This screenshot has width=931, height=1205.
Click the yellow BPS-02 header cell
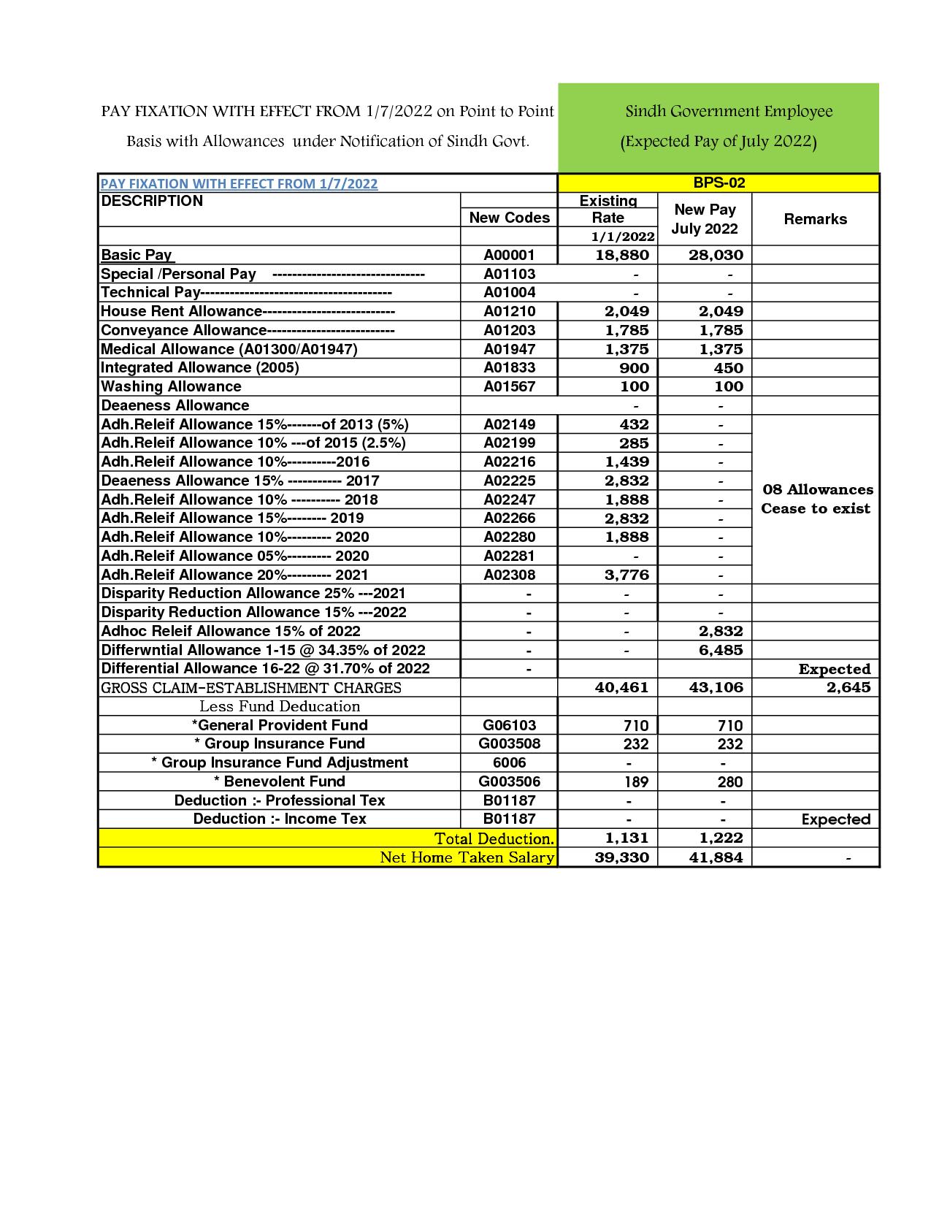tap(719, 183)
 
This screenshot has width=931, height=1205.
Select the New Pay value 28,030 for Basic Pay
tap(716, 255)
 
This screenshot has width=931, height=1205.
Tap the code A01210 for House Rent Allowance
tap(509, 311)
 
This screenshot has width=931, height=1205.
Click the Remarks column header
tap(815, 219)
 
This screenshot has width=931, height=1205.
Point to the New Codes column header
tap(509, 218)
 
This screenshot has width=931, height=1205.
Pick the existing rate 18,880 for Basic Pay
tap(621, 255)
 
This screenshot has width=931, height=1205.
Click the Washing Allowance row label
tap(171, 386)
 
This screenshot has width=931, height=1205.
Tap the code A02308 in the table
tap(509, 575)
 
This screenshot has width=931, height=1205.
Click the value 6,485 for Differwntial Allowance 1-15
tap(720, 650)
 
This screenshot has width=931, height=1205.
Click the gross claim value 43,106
tap(716, 687)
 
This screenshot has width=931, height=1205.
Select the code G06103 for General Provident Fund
tap(509, 725)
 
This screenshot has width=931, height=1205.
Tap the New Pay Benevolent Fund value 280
tap(729, 781)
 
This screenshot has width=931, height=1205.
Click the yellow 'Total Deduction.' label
tap(494, 838)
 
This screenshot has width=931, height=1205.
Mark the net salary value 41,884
tap(716, 857)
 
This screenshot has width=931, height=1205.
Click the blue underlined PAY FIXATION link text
tap(239, 183)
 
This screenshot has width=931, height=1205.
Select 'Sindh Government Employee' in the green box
tap(729, 112)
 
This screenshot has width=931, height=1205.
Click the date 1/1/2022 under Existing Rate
tap(623, 236)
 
